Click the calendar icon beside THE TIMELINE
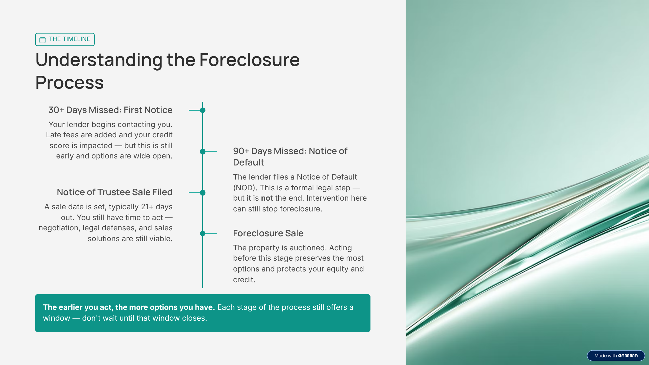pos(42,39)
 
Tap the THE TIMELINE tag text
pos(69,39)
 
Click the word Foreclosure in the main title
pos(249,60)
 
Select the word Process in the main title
pos(69,82)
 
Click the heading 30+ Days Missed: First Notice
pos(110,110)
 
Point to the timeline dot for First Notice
pos(203,110)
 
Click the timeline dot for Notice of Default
pos(203,151)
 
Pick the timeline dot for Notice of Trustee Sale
pos(203,193)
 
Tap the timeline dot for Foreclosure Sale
pos(203,234)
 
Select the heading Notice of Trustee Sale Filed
pos(115,192)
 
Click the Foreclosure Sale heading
pos(268,233)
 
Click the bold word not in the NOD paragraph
pos(267,198)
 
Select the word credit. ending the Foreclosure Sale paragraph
pos(244,280)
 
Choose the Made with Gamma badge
pos(616,356)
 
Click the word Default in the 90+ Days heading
pos(249,162)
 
